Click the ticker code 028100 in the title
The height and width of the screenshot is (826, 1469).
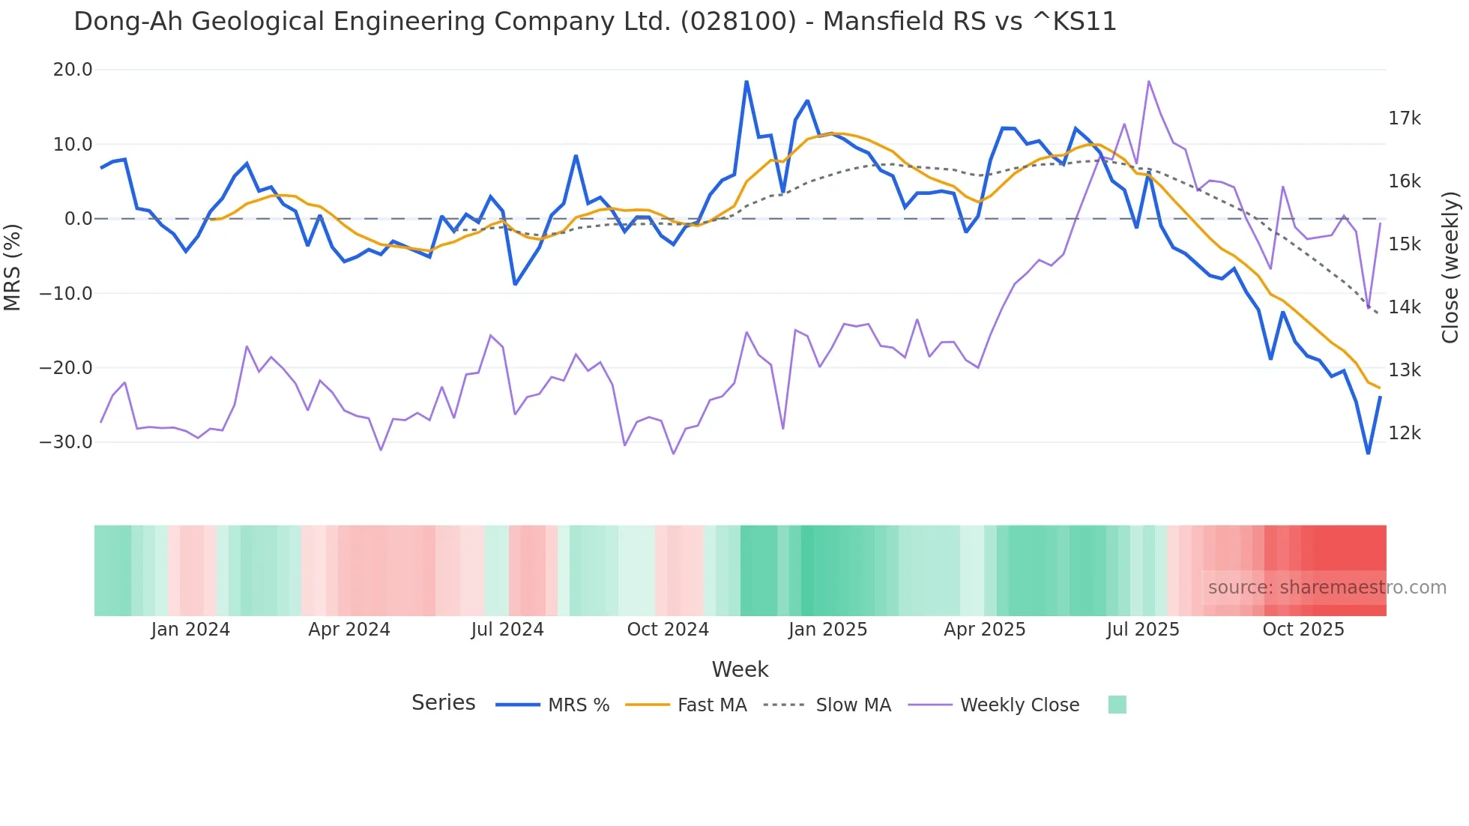pos(738,22)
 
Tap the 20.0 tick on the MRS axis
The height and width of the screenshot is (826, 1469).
pos(73,70)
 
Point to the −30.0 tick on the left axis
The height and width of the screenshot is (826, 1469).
pos(66,442)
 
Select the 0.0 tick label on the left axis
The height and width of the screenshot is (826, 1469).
pos(78,219)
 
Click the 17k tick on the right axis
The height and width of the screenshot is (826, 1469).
pos(1404,118)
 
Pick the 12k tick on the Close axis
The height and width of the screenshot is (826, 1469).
pos(1404,433)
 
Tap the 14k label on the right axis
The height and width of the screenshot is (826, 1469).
pos(1404,307)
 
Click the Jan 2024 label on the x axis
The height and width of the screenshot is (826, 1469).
pos(190,630)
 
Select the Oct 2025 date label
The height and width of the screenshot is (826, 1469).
pos(1303,630)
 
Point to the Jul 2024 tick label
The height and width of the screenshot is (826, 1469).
pos(507,630)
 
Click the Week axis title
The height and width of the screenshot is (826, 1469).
pos(740,669)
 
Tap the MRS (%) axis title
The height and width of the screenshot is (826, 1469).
pos(12,267)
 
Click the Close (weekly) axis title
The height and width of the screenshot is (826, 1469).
pos(1450,267)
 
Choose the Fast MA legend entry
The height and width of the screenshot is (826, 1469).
pos(711,705)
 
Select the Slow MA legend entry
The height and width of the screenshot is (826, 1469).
pos(853,705)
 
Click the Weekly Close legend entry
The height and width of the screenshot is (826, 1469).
pos(1019,705)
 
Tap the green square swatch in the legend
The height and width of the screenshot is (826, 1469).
pos(1117,705)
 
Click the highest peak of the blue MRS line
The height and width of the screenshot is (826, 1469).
pos(746,82)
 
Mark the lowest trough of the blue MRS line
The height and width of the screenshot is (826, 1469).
pos(1368,453)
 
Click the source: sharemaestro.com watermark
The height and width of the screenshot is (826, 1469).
pos(1327,588)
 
